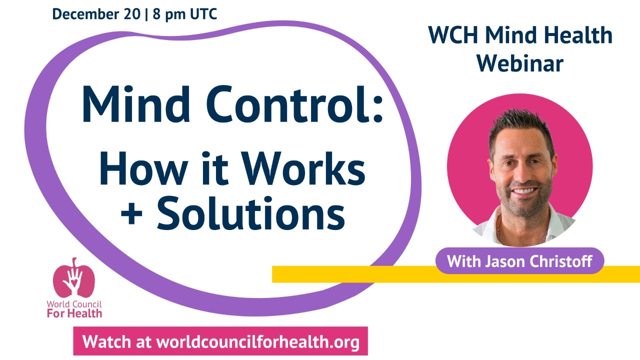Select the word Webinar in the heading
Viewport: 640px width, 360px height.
point(520,63)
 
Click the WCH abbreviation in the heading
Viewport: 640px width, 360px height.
point(453,35)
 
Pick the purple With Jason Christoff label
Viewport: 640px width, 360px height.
point(520,261)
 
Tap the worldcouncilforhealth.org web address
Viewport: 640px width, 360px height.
point(258,342)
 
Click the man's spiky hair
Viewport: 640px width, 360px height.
point(520,125)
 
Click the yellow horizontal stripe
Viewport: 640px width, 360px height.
point(350,274)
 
